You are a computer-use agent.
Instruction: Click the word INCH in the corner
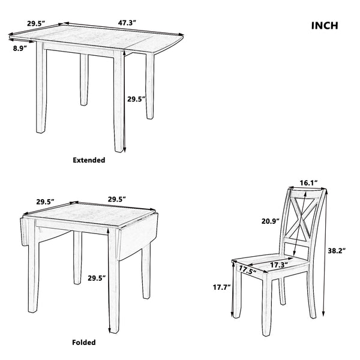pos(325,26)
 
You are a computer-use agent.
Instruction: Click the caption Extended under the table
pos(89,160)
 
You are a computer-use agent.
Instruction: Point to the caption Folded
pos(84,343)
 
